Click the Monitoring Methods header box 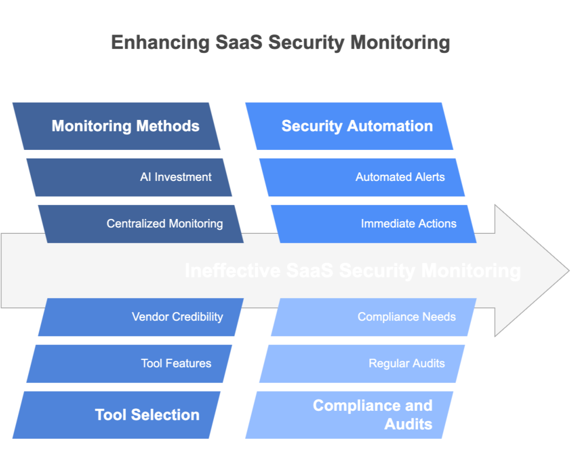click(117, 126)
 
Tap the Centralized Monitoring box click(141, 224)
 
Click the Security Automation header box click(350, 126)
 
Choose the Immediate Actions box click(374, 224)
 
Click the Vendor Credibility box click(141, 317)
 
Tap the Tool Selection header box click(117, 415)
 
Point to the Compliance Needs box click(374, 317)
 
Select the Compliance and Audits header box click(350, 415)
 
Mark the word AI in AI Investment click(146, 177)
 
